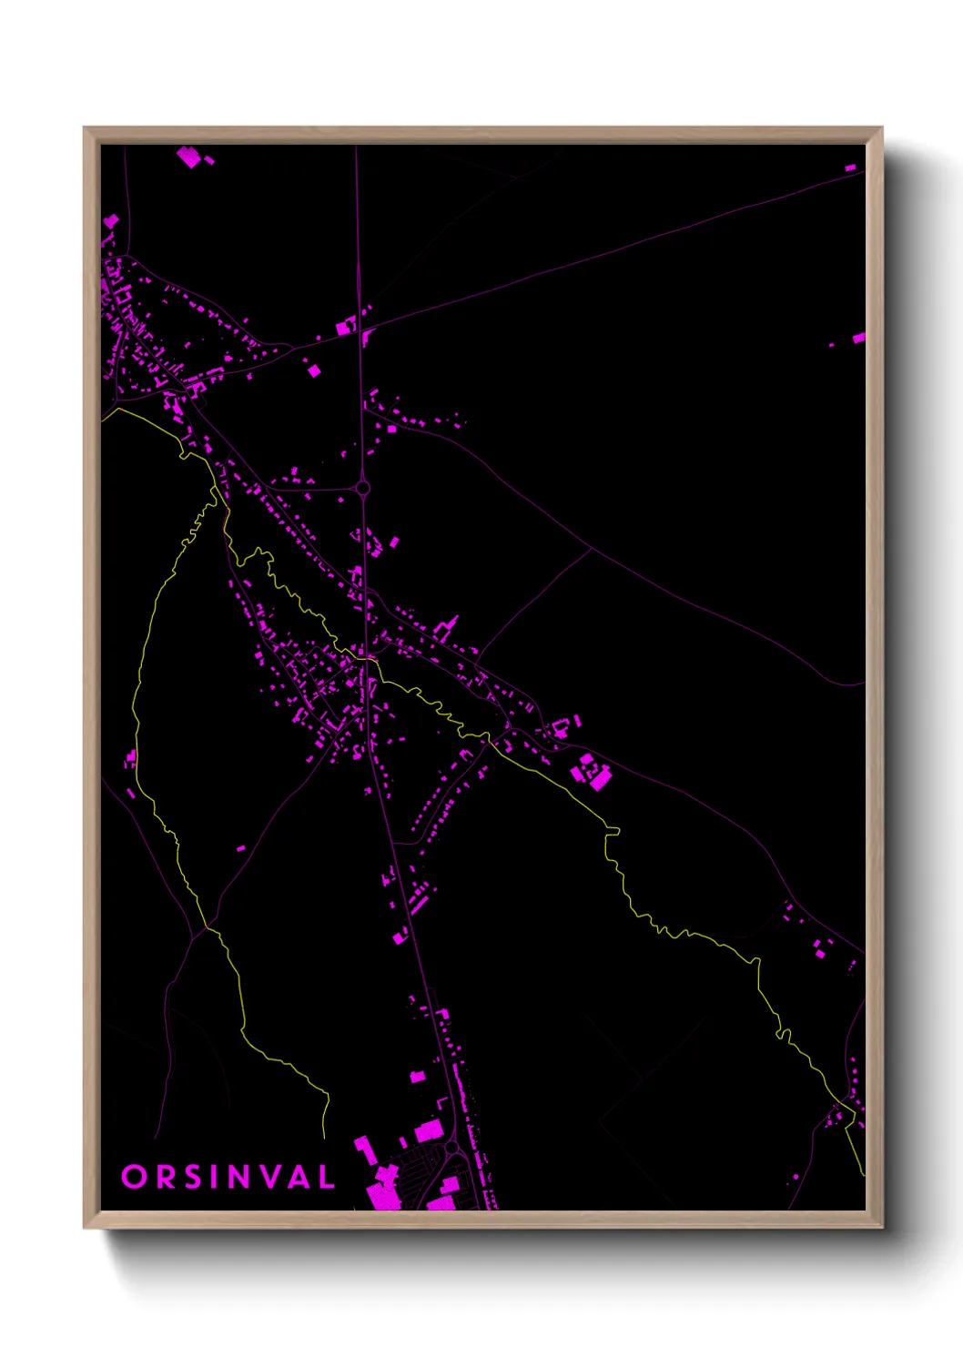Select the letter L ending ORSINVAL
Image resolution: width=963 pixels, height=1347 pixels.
point(326,1177)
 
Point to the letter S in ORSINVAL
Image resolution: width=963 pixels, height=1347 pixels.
point(193,1177)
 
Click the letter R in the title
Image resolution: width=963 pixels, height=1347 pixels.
point(165,1177)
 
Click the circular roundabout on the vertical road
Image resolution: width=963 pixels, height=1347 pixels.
point(363,488)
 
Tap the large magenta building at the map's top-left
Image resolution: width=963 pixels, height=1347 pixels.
point(188,157)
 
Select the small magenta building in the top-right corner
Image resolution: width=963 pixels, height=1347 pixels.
point(850,168)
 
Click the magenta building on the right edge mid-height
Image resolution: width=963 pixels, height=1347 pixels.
point(858,339)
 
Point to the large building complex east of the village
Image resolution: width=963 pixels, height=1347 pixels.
point(592,773)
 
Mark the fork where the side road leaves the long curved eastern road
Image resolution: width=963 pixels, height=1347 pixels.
point(593,549)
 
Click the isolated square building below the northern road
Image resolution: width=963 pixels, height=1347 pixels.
point(314,370)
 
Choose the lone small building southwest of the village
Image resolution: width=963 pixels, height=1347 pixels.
point(241,848)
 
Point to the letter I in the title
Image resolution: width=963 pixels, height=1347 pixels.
point(215,1177)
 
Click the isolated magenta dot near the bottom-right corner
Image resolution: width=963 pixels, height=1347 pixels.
point(796,1177)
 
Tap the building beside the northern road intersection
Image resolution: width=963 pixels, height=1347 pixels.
point(346,327)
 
